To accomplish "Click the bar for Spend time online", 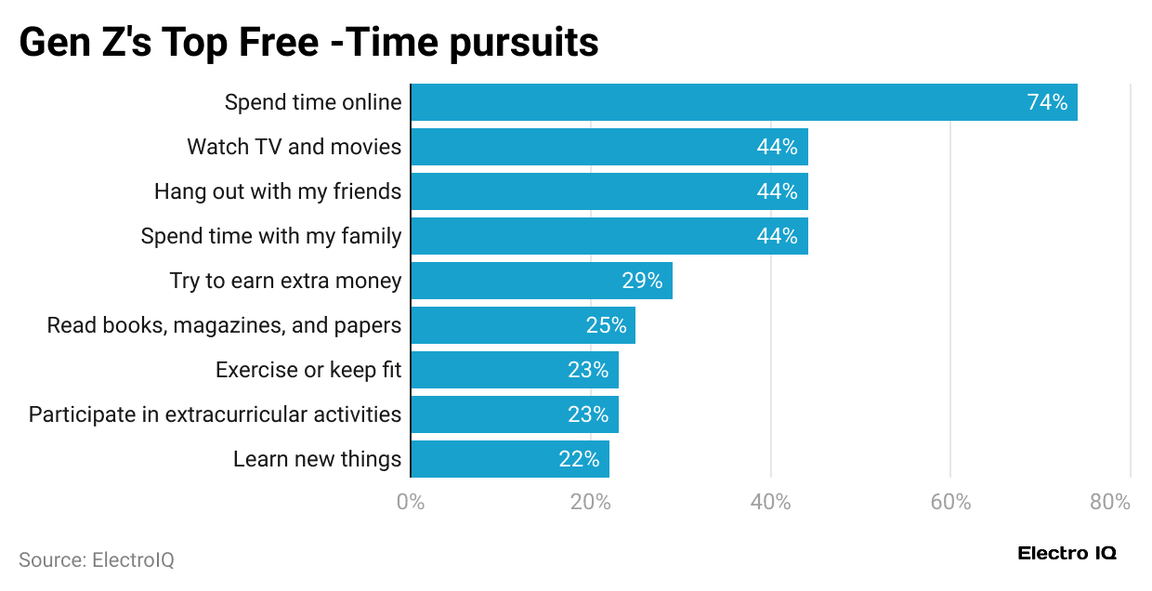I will (x=743, y=102).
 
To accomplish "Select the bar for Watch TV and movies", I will (x=609, y=147).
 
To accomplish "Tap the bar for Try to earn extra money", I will (x=541, y=281).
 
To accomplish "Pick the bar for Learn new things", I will (x=509, y=459).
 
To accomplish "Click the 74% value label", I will (x=1047, y=102).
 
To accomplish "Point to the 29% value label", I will (x=642, y=281).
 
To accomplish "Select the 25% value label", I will (x=606, y=325).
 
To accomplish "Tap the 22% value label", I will (x=579, y=459).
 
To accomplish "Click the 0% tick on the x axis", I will (x=411, y=503).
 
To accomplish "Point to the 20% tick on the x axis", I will (x=590, y=503).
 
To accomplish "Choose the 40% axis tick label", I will (x=770, y=503).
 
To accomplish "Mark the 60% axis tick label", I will (x=950, y=503).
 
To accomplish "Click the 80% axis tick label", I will (x=1110, y=503).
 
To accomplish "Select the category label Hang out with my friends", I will (x=278, y=191).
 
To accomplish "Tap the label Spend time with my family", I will (x=271, y=236).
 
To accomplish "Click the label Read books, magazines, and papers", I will (x=224, y=325).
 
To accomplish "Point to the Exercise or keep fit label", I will (x=308, y=370).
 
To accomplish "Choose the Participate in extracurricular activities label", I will (x=215, y=414).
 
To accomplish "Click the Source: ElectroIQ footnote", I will (x=97, y=560).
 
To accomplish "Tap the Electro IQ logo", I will (x=1067, y=554).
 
